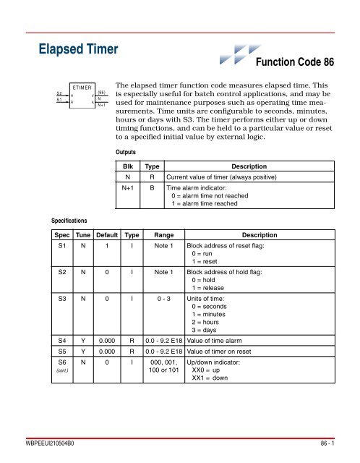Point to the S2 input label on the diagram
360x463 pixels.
(x=59, y=93)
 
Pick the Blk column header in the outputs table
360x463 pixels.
(x=127, y=166)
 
